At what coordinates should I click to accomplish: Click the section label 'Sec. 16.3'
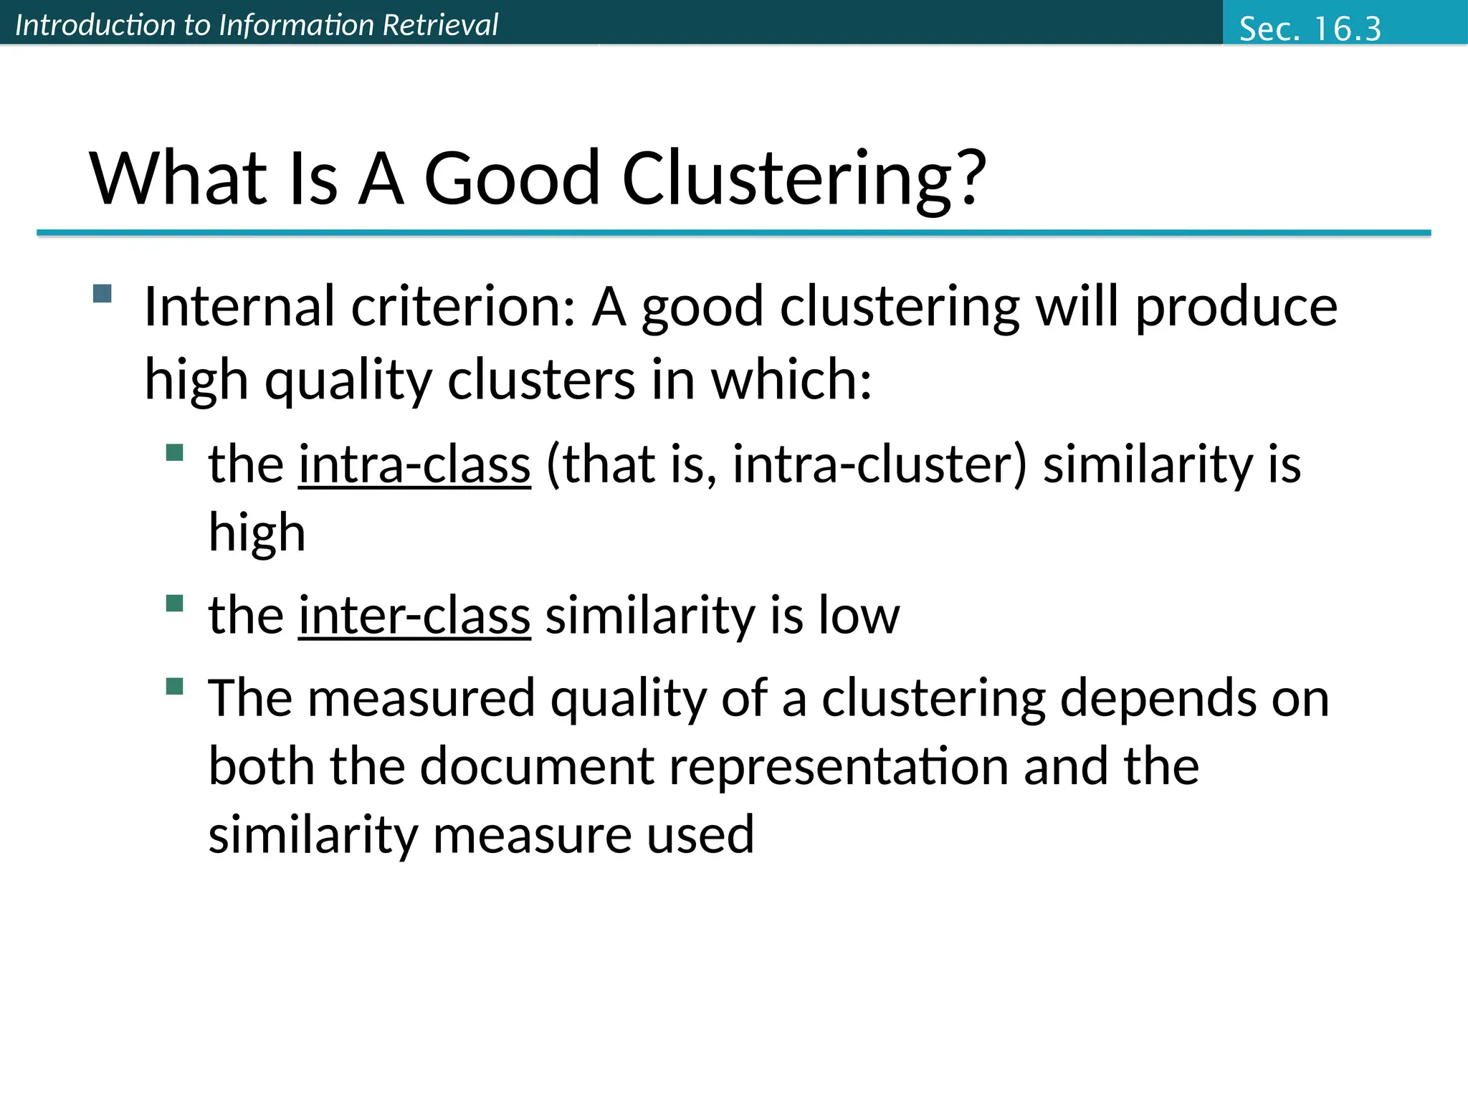[x=1310, y=29]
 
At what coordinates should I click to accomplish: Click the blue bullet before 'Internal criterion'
[x=103, y=294]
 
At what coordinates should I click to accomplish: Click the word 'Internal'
[x=239, y=307]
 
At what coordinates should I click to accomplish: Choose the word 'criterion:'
[x=463, y=307]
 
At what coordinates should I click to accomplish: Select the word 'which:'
[x=791, y=379]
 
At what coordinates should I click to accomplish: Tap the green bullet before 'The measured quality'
[x=174, y=687]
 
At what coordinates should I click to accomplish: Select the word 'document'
[x=537, y=766]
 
